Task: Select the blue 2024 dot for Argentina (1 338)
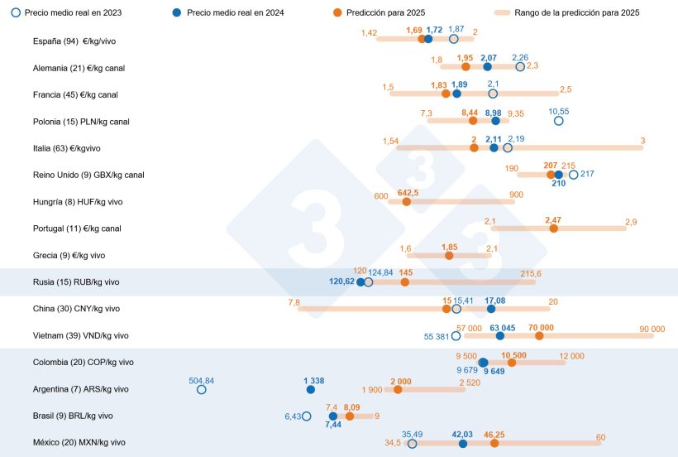tap(310, 389)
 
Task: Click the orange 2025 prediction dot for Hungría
tap(407, 201)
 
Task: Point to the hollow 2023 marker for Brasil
tap(307, 416)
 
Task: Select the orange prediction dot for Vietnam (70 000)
tap(540, 335)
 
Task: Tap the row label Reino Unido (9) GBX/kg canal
tap(88, 175)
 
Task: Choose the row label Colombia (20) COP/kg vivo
tap(83, 362)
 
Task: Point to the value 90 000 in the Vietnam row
tap(652, 329)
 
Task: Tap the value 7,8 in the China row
tap(294, 302)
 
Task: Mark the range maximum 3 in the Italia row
tap(642, 141)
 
